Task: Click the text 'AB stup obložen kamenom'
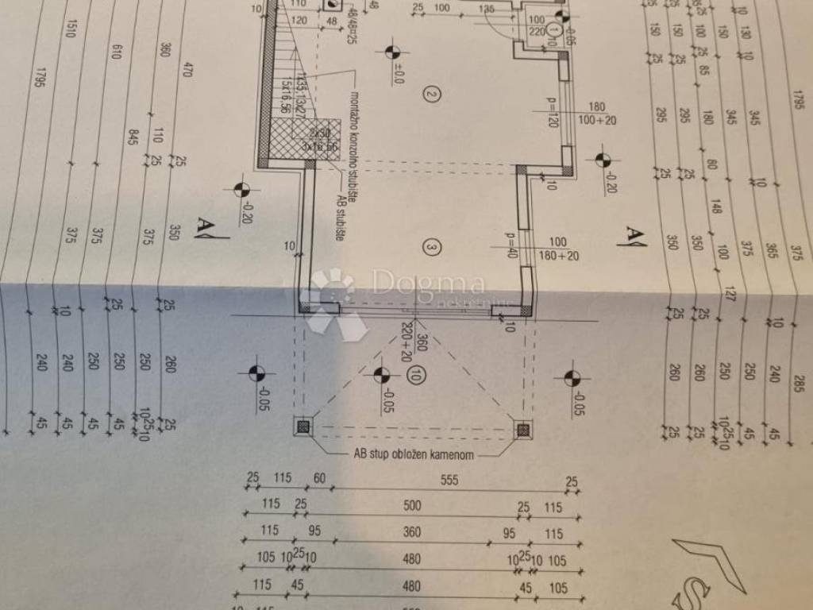pyautogui.click(x=414, y=456)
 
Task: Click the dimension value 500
pyautogui.click(x=412, y=505)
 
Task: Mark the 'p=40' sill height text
pyautogui.click(x=511, y=245)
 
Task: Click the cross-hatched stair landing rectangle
pyautogui.click(x=315, y=139)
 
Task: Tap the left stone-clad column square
pyautogui.click(x=302, y=427)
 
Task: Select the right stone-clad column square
pyautogui.click(x=522, y=430)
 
